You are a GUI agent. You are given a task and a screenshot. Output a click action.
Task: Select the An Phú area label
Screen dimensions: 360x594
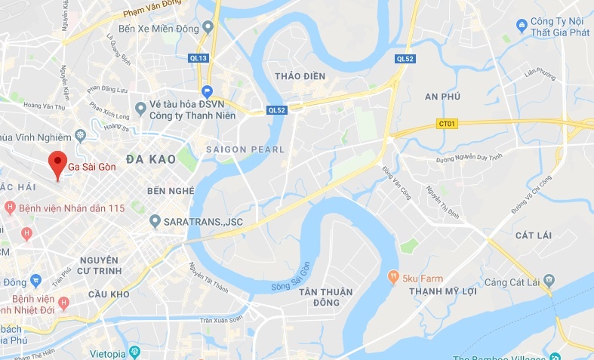click(x=442, y=97)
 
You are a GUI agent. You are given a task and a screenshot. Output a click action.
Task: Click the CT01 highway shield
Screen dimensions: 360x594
click(x=447, y=123)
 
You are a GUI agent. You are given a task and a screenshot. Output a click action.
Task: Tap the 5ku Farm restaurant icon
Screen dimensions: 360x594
click(x=393, y=276)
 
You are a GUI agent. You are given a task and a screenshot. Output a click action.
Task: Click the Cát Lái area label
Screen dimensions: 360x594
click(x=533, y=235)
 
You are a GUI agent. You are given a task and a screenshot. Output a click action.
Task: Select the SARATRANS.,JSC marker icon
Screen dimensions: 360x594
click(x=155, y=221)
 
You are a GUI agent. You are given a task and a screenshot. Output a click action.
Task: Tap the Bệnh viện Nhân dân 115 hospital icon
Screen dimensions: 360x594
click(x=10, y=207)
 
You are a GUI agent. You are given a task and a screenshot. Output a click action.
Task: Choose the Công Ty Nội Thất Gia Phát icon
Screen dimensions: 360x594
click(x=521, y=26)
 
